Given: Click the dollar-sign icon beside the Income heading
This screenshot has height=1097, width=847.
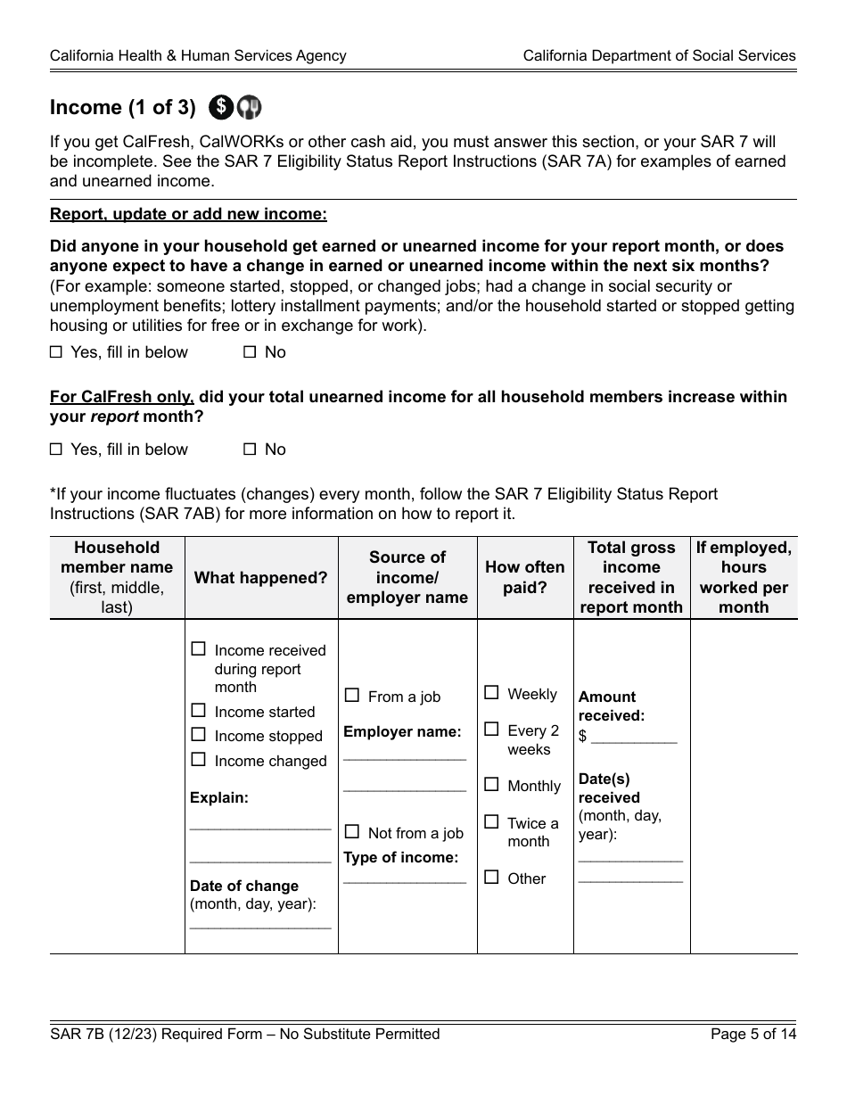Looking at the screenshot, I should [x=221, y=108].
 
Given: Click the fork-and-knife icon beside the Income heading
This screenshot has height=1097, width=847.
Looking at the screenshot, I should [x=250, y=108].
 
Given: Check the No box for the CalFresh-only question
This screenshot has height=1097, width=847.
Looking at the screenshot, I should [x=250, y=450].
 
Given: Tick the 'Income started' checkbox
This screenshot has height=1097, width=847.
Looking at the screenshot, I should [x=198, y=711].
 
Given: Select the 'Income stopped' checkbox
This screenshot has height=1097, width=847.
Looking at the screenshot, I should [x=198, y=735].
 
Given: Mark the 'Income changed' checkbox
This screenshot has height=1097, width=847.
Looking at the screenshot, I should [x=198, y=760].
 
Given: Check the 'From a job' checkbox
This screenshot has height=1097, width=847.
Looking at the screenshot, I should [x=352, y=696].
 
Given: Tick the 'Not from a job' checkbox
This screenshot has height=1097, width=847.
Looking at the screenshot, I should [x=352, y=832].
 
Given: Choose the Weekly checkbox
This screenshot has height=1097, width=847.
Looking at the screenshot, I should [x=491, y=692].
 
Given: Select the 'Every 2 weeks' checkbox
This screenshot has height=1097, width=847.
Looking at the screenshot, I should [x=491, y=730].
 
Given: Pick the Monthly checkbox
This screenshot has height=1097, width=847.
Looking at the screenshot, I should [x=491, y=785].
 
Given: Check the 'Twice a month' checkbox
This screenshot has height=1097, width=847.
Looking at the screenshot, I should [x=491, y=821].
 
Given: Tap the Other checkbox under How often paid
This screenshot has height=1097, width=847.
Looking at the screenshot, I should [x=491, y=878].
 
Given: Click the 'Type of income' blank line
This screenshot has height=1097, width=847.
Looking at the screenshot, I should [x=405, y=879].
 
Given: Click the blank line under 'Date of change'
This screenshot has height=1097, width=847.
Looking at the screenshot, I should [x=260, y=926].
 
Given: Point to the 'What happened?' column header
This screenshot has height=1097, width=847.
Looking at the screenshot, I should [x=261, y=578].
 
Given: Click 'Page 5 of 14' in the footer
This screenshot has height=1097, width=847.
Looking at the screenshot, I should [x=752, y=1035].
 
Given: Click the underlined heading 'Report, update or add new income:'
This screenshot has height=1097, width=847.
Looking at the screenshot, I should [x=188, y=214].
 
